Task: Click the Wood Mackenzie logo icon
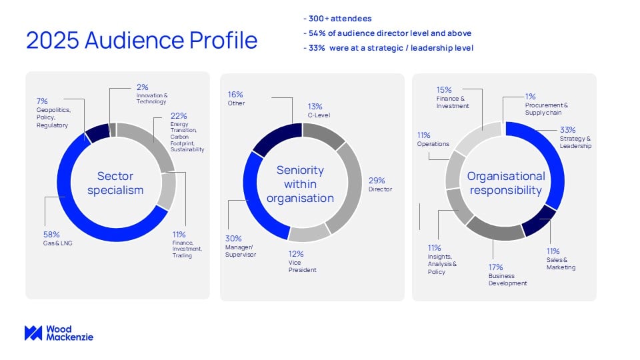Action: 33,333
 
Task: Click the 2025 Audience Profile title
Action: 141,40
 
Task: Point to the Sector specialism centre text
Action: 115,183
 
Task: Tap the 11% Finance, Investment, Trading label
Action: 182,245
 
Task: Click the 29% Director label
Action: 379,185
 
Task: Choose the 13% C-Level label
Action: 315,110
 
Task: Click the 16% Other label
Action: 236,99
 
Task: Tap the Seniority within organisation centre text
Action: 300,184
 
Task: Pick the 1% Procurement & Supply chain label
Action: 546,104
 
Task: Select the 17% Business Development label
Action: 507,274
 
